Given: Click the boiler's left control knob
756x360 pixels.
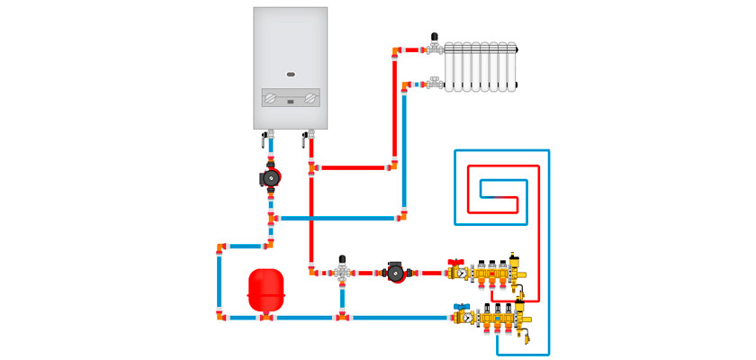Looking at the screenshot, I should coord(267,97).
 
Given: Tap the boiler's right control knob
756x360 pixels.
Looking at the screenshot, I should coord(311,97).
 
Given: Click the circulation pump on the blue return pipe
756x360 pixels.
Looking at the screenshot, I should coord(269,177).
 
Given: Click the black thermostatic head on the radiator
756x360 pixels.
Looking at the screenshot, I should coord(436,38).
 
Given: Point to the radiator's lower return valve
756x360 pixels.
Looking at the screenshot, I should coord(436,84).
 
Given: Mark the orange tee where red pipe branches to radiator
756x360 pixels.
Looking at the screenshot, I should coord(311,167).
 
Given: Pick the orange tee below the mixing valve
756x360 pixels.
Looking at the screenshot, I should coord(342,317).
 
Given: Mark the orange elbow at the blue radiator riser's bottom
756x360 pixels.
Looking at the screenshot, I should coord(402,217).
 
